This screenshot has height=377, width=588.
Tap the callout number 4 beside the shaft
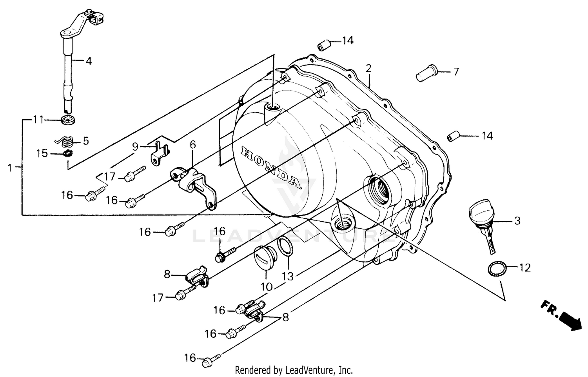(x=89, y=61)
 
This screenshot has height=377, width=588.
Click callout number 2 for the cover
(x=368, y=68)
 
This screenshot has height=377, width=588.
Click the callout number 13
(x=288, y=276)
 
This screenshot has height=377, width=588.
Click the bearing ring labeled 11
(x=69, y=120)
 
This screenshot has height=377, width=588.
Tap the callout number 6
(x=192, y=145)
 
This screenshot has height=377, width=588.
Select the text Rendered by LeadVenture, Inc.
(x=294, y=370)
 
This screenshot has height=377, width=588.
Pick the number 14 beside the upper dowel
(x=347, y=40)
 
